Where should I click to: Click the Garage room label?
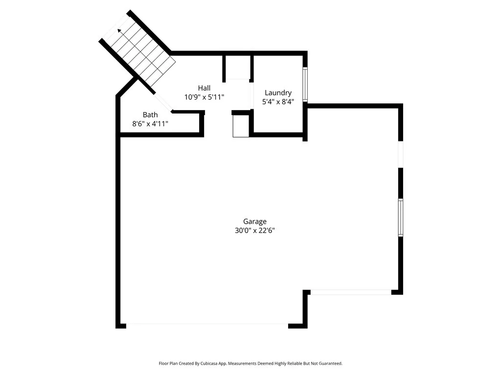(255, 221)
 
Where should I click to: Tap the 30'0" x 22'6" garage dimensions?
(255, 231)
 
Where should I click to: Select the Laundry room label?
(278, 93)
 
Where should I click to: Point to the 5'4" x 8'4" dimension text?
(278, 102)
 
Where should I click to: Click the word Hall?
(204, 88)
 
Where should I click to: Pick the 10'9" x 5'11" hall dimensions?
(204, 97)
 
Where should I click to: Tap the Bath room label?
(150, 115)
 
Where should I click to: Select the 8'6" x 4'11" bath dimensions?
(150, 124)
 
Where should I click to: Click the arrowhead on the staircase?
(119, 32)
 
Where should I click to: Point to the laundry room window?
(305, 84)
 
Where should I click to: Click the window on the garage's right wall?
(400, 217)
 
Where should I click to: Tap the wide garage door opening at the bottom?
(207, 324)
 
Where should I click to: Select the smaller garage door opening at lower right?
(350, 292)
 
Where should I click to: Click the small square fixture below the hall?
(241, 126)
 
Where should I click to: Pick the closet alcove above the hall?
(238, 68)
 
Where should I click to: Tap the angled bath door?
(163, 102)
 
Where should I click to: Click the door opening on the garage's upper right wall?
(400, 155)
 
